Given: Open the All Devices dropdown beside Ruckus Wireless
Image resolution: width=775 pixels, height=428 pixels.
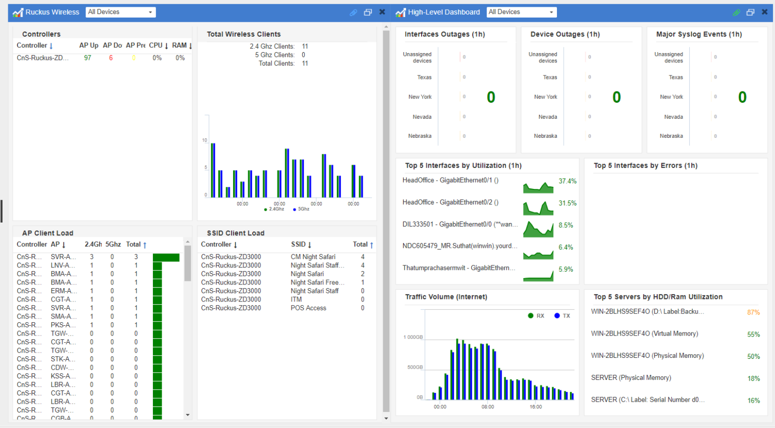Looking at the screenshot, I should tap(120, 12).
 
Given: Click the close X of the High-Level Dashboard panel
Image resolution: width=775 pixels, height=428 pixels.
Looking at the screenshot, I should tap(765, 12).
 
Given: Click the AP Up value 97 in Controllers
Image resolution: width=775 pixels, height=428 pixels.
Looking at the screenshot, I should tap(87, 58).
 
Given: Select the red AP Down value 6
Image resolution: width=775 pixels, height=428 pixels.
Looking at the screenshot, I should tap(111, 58).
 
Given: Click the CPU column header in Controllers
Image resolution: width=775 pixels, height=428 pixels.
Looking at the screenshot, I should tap(156, 45).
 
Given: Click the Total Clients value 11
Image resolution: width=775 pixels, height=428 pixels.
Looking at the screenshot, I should tap(305, 64).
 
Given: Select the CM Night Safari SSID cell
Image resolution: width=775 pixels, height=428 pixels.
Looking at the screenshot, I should tap(313, 257).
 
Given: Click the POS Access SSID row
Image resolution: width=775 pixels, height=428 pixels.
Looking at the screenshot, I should tap(308, 308).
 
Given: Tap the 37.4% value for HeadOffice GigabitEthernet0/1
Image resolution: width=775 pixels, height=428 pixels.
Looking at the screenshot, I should tap(567, 181).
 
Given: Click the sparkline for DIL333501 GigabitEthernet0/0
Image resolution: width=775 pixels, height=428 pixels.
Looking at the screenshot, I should tap(538, 229).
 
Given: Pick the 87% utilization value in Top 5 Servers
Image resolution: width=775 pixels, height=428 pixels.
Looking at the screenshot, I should tap(753, 312).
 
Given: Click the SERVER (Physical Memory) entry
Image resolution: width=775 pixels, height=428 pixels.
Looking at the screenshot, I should tap(631, 378).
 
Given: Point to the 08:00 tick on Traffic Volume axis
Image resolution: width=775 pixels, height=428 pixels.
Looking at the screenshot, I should tap(487, 407).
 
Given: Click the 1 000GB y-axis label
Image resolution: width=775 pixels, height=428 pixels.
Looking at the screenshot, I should tap(413, 337).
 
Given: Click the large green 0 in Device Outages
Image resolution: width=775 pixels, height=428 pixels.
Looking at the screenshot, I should tap(616, 97).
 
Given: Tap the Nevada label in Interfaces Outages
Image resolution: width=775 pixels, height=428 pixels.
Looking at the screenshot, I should tap(422, 117).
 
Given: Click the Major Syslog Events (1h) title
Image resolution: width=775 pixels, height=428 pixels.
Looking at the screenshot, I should tap(699, 34).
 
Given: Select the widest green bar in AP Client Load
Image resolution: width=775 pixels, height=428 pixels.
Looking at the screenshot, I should tap(166, 257).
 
